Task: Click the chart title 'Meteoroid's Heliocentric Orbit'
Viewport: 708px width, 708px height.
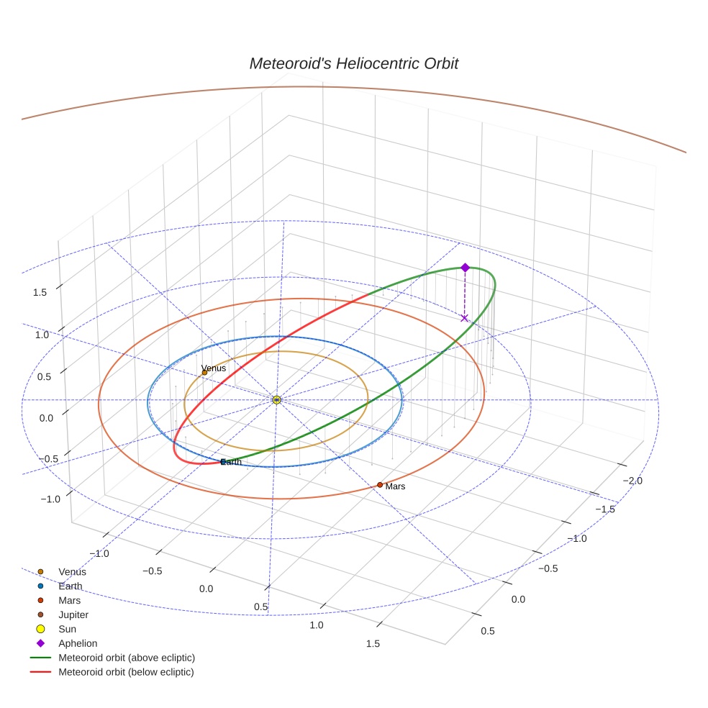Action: [x=353, y=63]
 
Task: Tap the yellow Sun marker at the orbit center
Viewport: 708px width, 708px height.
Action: [x=276, y=399]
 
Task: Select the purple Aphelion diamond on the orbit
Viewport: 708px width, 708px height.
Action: [x=465, y=268]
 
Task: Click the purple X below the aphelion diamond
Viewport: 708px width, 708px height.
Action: [x=464, y=318]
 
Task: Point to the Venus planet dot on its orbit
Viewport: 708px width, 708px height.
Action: [x=204, y=373]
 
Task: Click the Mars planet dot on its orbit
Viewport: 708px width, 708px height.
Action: [x=380, y=485]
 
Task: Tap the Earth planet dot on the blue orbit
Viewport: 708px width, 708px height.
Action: [x=223, y=461]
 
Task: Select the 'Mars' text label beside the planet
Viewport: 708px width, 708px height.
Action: [x=395, y=487]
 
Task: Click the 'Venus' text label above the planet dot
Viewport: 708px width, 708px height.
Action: [x=214, y=368]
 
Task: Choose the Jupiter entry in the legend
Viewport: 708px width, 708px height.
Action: [x=73, y=615]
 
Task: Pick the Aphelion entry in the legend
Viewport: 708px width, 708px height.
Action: [x=77, y=644]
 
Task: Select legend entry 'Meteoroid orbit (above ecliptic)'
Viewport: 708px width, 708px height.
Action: [x=126, y=658]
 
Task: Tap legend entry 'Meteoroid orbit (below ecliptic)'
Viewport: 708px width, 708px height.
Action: [x=126, y=672]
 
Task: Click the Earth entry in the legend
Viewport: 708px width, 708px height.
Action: [x=70, y=586]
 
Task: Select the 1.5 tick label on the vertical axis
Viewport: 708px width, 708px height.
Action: [x=39, y=292]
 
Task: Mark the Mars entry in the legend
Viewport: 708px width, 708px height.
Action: [x=69, y=601]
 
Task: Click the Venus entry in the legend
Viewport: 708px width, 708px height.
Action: [x=72, y=572]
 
